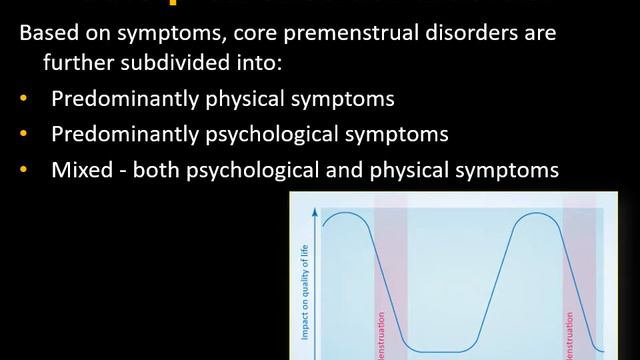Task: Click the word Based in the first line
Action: click(45, 34)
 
